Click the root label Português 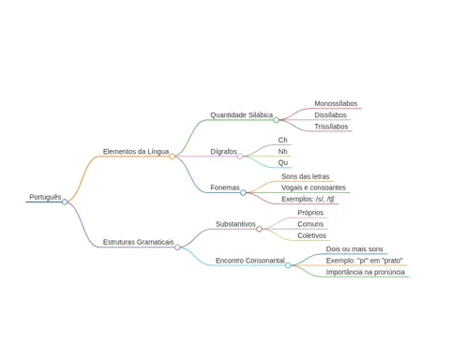pos(45,197)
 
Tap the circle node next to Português pos(65,202)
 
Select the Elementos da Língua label pos(136,152)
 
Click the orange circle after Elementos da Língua pos(172,157)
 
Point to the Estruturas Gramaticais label pos(138,242)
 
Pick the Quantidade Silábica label pos(242,115)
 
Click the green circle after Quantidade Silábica pos(277,120)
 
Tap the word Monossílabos pos(336,103)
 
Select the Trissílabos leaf pos(331,127)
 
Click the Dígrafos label pos(223,152)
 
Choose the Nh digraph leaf pos(283,152)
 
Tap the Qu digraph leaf pos(283,163)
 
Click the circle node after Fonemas pos(243,193)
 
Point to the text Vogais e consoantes pos(313,187)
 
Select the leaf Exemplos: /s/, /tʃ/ pos(308,199)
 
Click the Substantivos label pos(235,224)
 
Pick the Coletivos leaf pos(312,235)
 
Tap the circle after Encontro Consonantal pos(288,265)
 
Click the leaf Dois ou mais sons pos(354,249)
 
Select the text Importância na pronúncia pos(366,272)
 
